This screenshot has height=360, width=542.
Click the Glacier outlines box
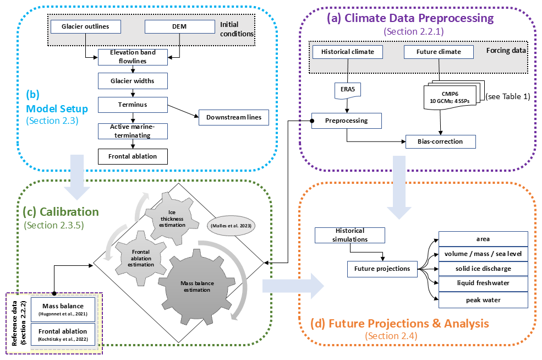[85, 26]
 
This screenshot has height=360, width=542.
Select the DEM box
[179, 26]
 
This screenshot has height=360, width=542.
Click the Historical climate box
[347, 52]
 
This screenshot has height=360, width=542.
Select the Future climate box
[440, 52]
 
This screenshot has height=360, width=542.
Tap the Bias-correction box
[440, 141]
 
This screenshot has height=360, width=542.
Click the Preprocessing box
[347, 121]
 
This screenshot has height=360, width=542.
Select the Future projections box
[382, 269]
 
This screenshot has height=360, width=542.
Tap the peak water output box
[483, 300]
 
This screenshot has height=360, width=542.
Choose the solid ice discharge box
[483, 269]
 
